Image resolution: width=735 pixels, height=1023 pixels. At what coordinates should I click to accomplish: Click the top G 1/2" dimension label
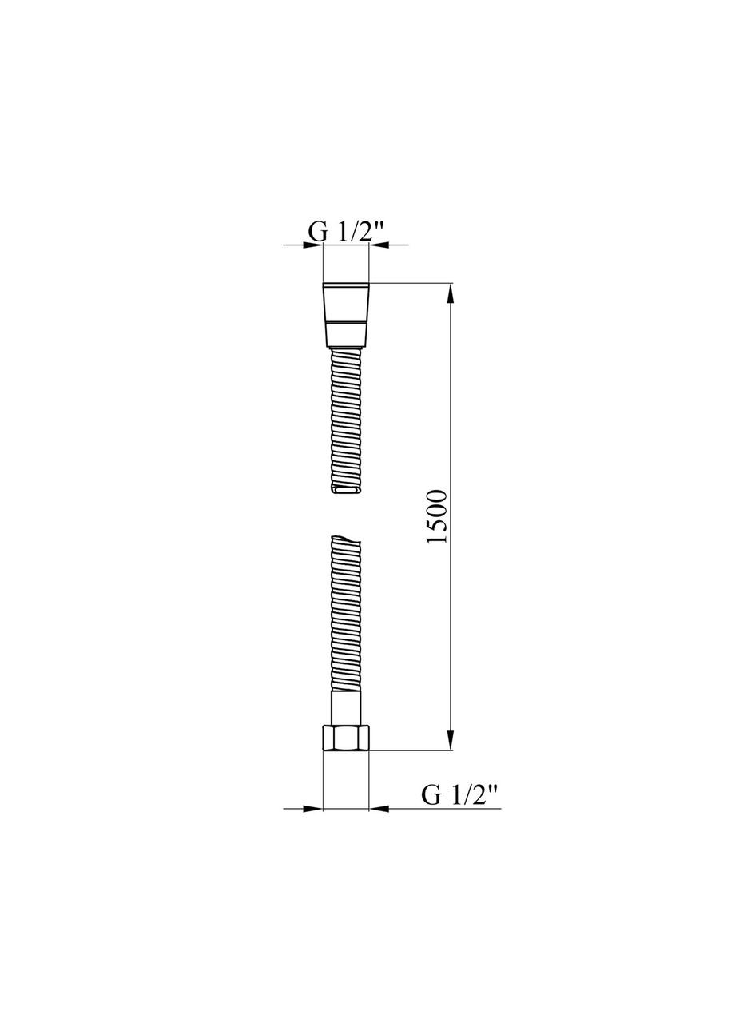click(346, 231)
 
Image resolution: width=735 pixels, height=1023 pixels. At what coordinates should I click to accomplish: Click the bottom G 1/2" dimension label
click(459, 794)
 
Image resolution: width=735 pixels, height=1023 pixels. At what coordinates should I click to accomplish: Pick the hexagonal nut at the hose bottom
click(345, 738)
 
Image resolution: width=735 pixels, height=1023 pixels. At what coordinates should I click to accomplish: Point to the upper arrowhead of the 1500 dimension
click(451, 293)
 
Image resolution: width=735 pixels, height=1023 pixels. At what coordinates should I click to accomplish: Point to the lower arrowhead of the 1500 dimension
click(451, 740)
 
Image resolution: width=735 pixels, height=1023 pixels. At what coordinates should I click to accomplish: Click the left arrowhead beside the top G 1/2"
click(313, 245)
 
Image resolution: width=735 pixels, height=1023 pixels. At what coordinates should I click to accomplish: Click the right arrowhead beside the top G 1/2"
click(378, 245)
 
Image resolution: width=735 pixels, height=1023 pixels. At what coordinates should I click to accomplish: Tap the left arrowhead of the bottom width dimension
click(312, 809)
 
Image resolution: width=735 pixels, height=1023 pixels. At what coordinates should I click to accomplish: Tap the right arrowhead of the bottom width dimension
click(379, 809)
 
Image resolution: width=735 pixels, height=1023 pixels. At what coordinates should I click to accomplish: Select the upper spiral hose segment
click(345, 420)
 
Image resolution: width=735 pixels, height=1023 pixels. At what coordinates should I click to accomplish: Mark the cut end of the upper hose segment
click(345, 490)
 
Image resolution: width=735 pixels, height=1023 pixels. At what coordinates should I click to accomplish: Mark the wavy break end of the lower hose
click(345, 541)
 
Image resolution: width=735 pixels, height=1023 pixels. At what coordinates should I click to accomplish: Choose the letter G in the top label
click(317, 231)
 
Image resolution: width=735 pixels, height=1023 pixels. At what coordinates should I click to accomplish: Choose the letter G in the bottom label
click(431, 794)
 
